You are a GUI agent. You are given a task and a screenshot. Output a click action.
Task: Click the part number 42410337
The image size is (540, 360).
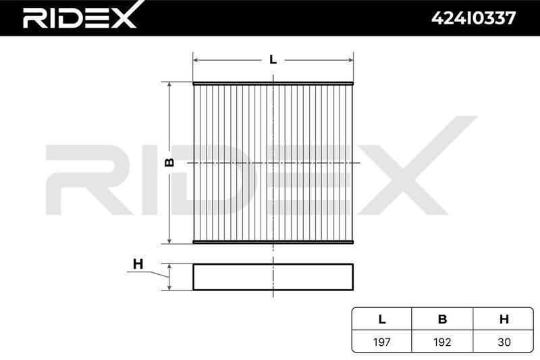click(474, 18)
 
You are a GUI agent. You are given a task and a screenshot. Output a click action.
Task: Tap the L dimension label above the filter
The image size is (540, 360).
click(273, 59)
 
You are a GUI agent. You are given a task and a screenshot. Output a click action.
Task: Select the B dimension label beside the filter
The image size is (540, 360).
click(169, 162)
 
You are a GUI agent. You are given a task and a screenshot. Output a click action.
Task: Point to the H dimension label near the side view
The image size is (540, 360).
click(138, 264)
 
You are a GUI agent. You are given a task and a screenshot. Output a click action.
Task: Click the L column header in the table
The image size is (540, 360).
click(382, 319)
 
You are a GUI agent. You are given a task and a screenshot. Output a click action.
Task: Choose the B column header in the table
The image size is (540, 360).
click(443, 319)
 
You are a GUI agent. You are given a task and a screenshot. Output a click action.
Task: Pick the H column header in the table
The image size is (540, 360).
click(504, 319)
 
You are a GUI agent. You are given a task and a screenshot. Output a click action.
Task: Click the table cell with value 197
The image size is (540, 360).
click(382, 342)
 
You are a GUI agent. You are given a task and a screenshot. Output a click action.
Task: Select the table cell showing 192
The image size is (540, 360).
click(443, 342)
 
